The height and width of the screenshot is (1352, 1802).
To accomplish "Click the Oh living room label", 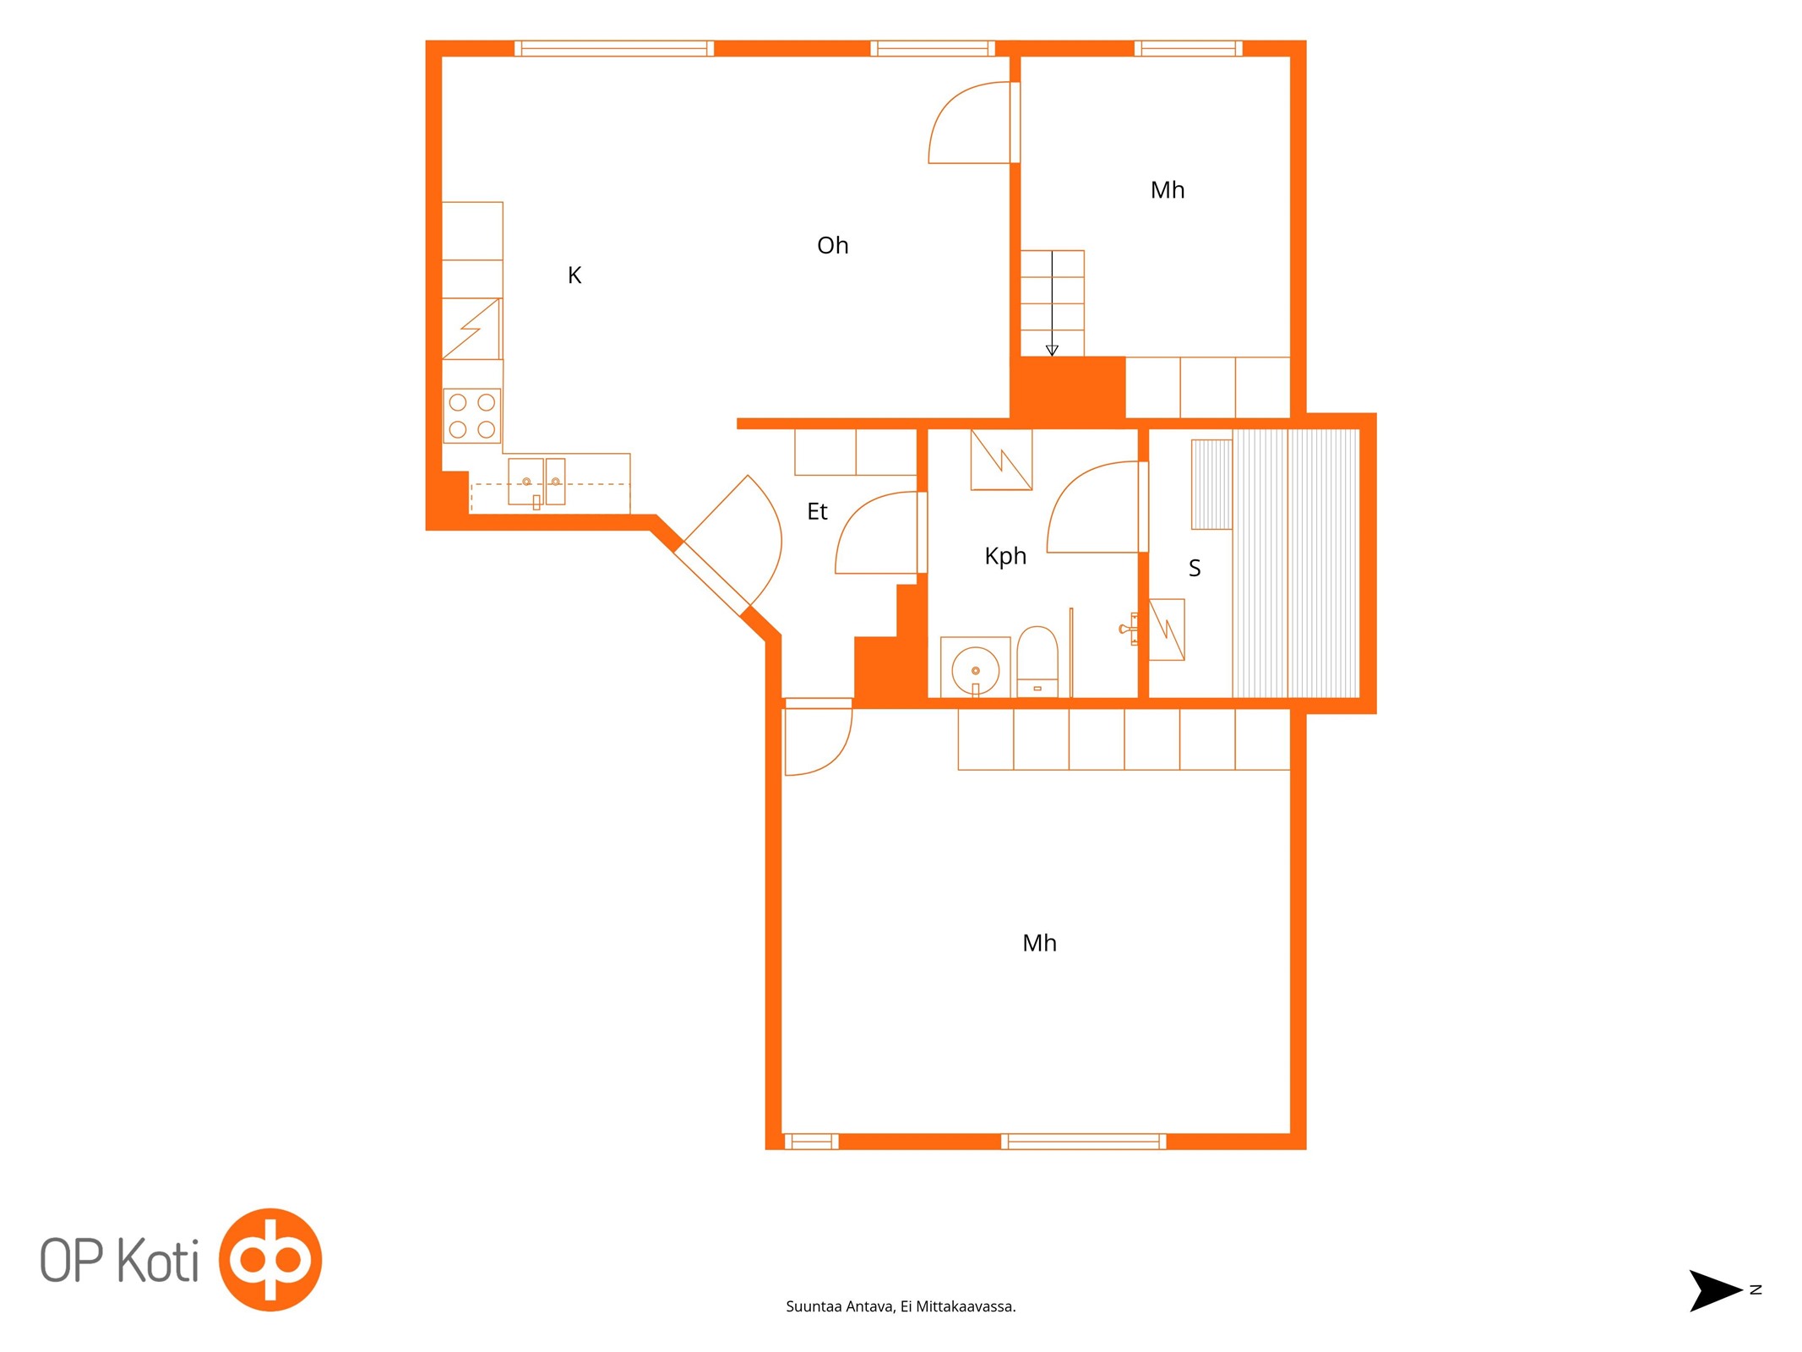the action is pyautogui.click(x=832, y=245).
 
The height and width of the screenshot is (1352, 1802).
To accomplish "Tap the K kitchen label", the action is pyautogui.click(x=574, y=275).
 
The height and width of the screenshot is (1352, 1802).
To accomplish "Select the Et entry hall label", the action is pyautogui.click(x=817, y=511).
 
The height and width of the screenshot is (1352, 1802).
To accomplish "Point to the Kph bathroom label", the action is pyautogui.click(x=1005, y=556).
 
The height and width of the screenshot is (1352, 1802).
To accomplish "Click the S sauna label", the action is pyautogui.click(x=1194, y=568).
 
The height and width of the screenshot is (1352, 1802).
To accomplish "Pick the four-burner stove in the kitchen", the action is pyautogui.click(x=471, y=416).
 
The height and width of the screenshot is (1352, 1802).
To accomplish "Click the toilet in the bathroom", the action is pyautogui.click(x=1037, y=662).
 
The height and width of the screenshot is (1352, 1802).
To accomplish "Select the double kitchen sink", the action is pyautogui.click(x=536, y=482).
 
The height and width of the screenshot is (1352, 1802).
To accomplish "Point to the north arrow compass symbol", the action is pyautogui.click(x=1715, y=1290).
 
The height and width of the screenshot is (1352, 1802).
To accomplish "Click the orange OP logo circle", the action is pyautogui.click(x=270, y=1260).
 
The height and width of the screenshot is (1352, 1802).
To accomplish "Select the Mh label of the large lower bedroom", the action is pyautogui.click(x=1039, y=943).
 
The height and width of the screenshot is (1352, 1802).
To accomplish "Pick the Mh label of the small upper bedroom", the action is pyautogui.click(x=1168, y=190).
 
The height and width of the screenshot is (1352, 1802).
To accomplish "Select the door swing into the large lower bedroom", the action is pyautogui.click(x=818, y=737).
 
